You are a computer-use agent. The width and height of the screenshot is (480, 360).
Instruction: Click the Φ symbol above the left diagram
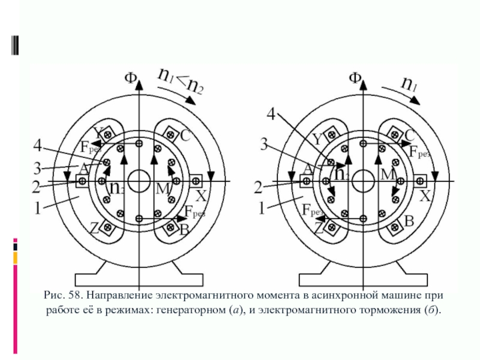tap(130, 78)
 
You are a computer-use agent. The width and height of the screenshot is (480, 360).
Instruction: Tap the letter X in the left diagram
tap(202, 196)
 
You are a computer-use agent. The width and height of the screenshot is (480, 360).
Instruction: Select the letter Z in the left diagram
tap(94, 227)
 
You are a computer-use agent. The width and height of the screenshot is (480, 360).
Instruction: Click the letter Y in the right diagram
tap(316, 139)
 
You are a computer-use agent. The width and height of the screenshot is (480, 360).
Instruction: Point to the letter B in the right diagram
tap(409, 222)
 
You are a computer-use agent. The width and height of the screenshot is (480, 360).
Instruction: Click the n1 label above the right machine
tap(410, 84)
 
